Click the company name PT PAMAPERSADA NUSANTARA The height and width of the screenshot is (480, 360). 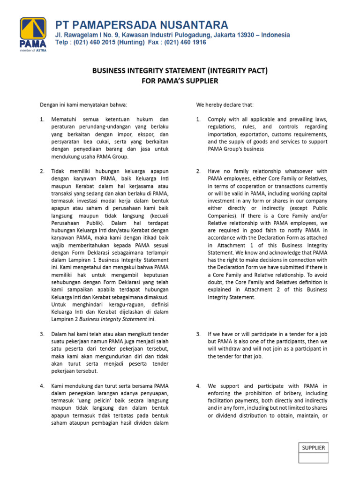(142, 24)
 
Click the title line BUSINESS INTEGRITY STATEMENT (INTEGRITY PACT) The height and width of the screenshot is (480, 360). (180, 71)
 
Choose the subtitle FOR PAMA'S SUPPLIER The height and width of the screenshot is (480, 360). (180, 81)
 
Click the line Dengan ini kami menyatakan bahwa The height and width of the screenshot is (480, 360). (83, 104)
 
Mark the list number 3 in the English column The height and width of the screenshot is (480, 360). (198, 334)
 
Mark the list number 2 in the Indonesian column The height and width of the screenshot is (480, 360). (42, 171)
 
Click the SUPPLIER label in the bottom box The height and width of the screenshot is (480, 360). (314, 448)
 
